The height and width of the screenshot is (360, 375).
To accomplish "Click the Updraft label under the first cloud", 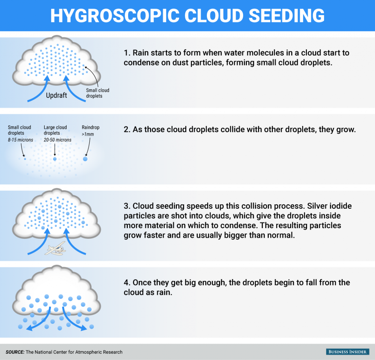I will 56,95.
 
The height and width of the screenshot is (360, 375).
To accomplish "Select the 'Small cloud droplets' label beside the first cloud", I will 97,93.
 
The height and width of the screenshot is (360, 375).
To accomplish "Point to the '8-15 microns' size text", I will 21,140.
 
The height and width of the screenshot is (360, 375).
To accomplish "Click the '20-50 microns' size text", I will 57,140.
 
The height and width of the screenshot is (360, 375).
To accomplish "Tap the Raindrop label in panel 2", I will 90,127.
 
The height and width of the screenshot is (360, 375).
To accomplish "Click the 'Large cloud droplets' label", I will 55,130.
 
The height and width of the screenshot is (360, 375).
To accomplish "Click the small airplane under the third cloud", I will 56,249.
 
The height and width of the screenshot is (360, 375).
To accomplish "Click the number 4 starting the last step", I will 126,283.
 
